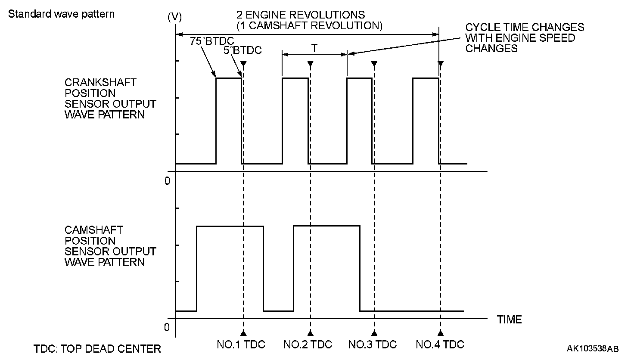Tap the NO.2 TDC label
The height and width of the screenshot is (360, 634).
coord(308,344)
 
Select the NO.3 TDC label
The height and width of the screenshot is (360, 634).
coord(373,344)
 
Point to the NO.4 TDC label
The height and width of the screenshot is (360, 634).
coord(440,344)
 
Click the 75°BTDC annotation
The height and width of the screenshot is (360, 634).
coord(211,41)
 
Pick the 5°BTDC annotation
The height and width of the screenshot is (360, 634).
coord(242,50)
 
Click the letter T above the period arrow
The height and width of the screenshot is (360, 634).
coord(314,49)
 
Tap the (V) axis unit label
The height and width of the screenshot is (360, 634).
coord(174,17)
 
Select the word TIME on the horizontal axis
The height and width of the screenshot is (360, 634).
coord(510,320)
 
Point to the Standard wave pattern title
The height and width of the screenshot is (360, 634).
coord(62,14)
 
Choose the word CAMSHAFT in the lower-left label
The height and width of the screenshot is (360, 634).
coord(94,230)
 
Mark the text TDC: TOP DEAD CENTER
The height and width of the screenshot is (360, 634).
coord(97,348)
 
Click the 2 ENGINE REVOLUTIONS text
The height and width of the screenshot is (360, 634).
coord(301,16)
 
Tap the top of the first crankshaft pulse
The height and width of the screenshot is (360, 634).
coord(229,78)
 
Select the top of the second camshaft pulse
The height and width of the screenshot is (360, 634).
coord(326,226)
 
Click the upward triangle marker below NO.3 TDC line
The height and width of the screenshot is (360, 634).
coord(374,333)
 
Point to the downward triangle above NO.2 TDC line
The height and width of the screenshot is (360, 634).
coord(310,64)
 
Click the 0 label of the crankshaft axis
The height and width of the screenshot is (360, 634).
coord(168,180)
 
